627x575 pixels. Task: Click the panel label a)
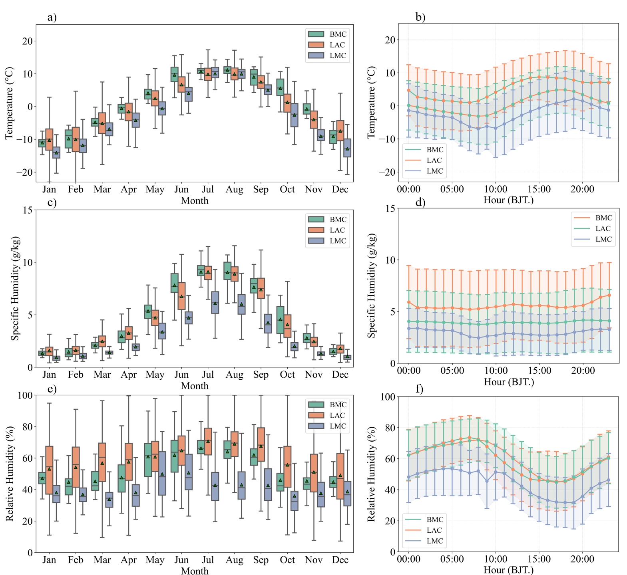[52, 18]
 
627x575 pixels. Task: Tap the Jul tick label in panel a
[208, 189]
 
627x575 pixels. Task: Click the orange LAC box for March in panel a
[102, 123]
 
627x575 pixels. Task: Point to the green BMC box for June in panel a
[174, 74]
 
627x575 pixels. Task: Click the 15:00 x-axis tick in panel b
[539, 189]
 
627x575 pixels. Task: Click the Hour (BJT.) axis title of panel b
[508, 200]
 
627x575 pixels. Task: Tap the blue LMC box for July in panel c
[215, 302]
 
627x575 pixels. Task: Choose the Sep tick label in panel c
[261, 375]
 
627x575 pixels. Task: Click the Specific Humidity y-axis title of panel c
[15, 288]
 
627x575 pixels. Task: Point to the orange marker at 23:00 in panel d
[609, 295]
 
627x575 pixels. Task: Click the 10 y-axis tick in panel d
[390, 260]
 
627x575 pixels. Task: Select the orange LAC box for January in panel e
[49, 470]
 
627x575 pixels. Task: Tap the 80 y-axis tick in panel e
[27, 426]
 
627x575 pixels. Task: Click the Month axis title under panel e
[195, 571]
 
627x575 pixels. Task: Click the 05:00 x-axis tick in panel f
[452, 559]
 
